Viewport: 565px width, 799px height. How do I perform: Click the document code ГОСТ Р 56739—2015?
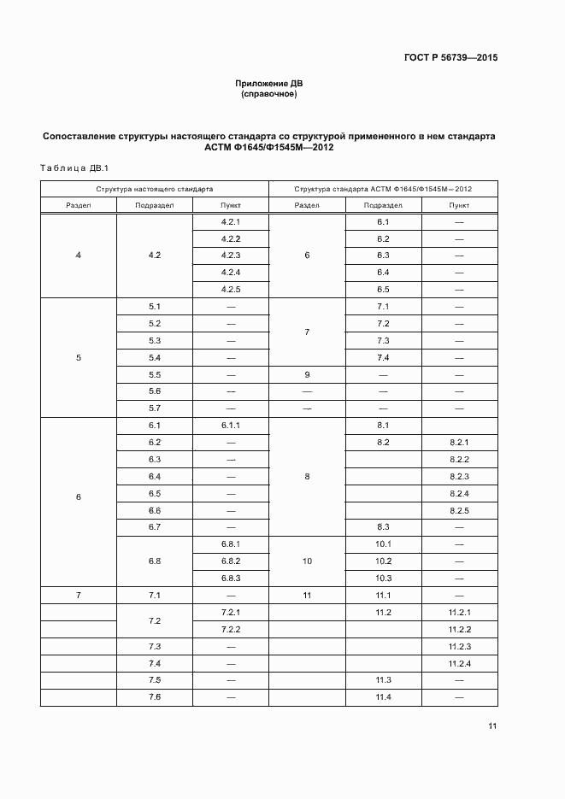coord(451,58)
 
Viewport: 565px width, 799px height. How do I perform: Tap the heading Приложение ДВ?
coord(269,83)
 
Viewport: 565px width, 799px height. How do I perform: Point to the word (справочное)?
coord(269,94)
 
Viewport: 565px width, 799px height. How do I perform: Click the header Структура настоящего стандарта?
coord(155,189)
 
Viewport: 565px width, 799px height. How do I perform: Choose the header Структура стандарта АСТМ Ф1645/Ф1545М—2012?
coord(383,189)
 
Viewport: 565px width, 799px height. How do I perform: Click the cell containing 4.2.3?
coord(231,256)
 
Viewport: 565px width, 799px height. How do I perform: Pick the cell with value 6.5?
coord(383,289)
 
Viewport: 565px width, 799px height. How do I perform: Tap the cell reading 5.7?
coord(155,408)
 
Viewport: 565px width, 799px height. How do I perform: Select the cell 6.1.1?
coord(231,425)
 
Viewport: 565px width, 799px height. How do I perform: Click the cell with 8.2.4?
coord(459,493)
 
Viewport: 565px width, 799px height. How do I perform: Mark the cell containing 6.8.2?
coord(231,561)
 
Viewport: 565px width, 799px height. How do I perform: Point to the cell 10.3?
coord(383,578)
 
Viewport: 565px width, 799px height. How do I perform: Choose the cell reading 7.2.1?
coord(231,613)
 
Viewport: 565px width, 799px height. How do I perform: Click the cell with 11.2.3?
coord(459,646)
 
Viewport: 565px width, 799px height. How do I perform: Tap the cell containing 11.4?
coord(383,697)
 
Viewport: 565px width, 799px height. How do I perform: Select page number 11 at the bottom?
coord(492,726)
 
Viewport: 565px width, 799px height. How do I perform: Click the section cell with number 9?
coord(307,374)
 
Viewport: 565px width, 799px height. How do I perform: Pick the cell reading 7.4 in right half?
coord(383,357)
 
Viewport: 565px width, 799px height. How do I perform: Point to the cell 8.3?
coord(383,526)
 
